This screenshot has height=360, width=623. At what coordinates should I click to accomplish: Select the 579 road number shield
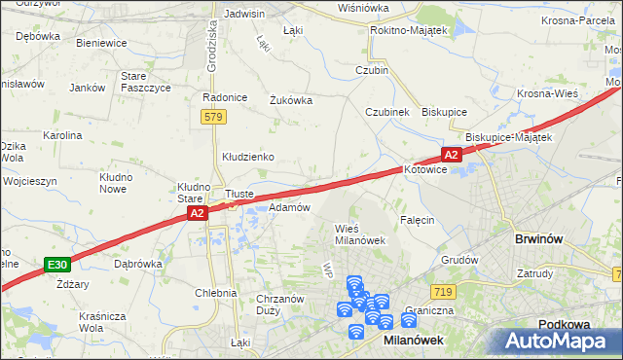215,117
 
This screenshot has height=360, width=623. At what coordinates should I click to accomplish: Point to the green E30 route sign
57,264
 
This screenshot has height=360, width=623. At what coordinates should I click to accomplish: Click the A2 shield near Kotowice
450,155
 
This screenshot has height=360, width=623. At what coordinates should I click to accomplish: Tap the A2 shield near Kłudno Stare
197,213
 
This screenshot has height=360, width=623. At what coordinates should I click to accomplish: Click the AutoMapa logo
556,341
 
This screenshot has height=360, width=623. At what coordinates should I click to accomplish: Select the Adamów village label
289,207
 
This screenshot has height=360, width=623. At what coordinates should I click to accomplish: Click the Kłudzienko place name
248,156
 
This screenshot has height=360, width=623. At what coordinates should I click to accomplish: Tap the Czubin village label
372,70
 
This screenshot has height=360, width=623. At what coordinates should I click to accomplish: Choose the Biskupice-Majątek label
509,137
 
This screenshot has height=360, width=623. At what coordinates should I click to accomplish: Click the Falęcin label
416,220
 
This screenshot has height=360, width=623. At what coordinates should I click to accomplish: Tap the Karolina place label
61,135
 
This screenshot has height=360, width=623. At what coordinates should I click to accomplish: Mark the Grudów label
459,260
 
